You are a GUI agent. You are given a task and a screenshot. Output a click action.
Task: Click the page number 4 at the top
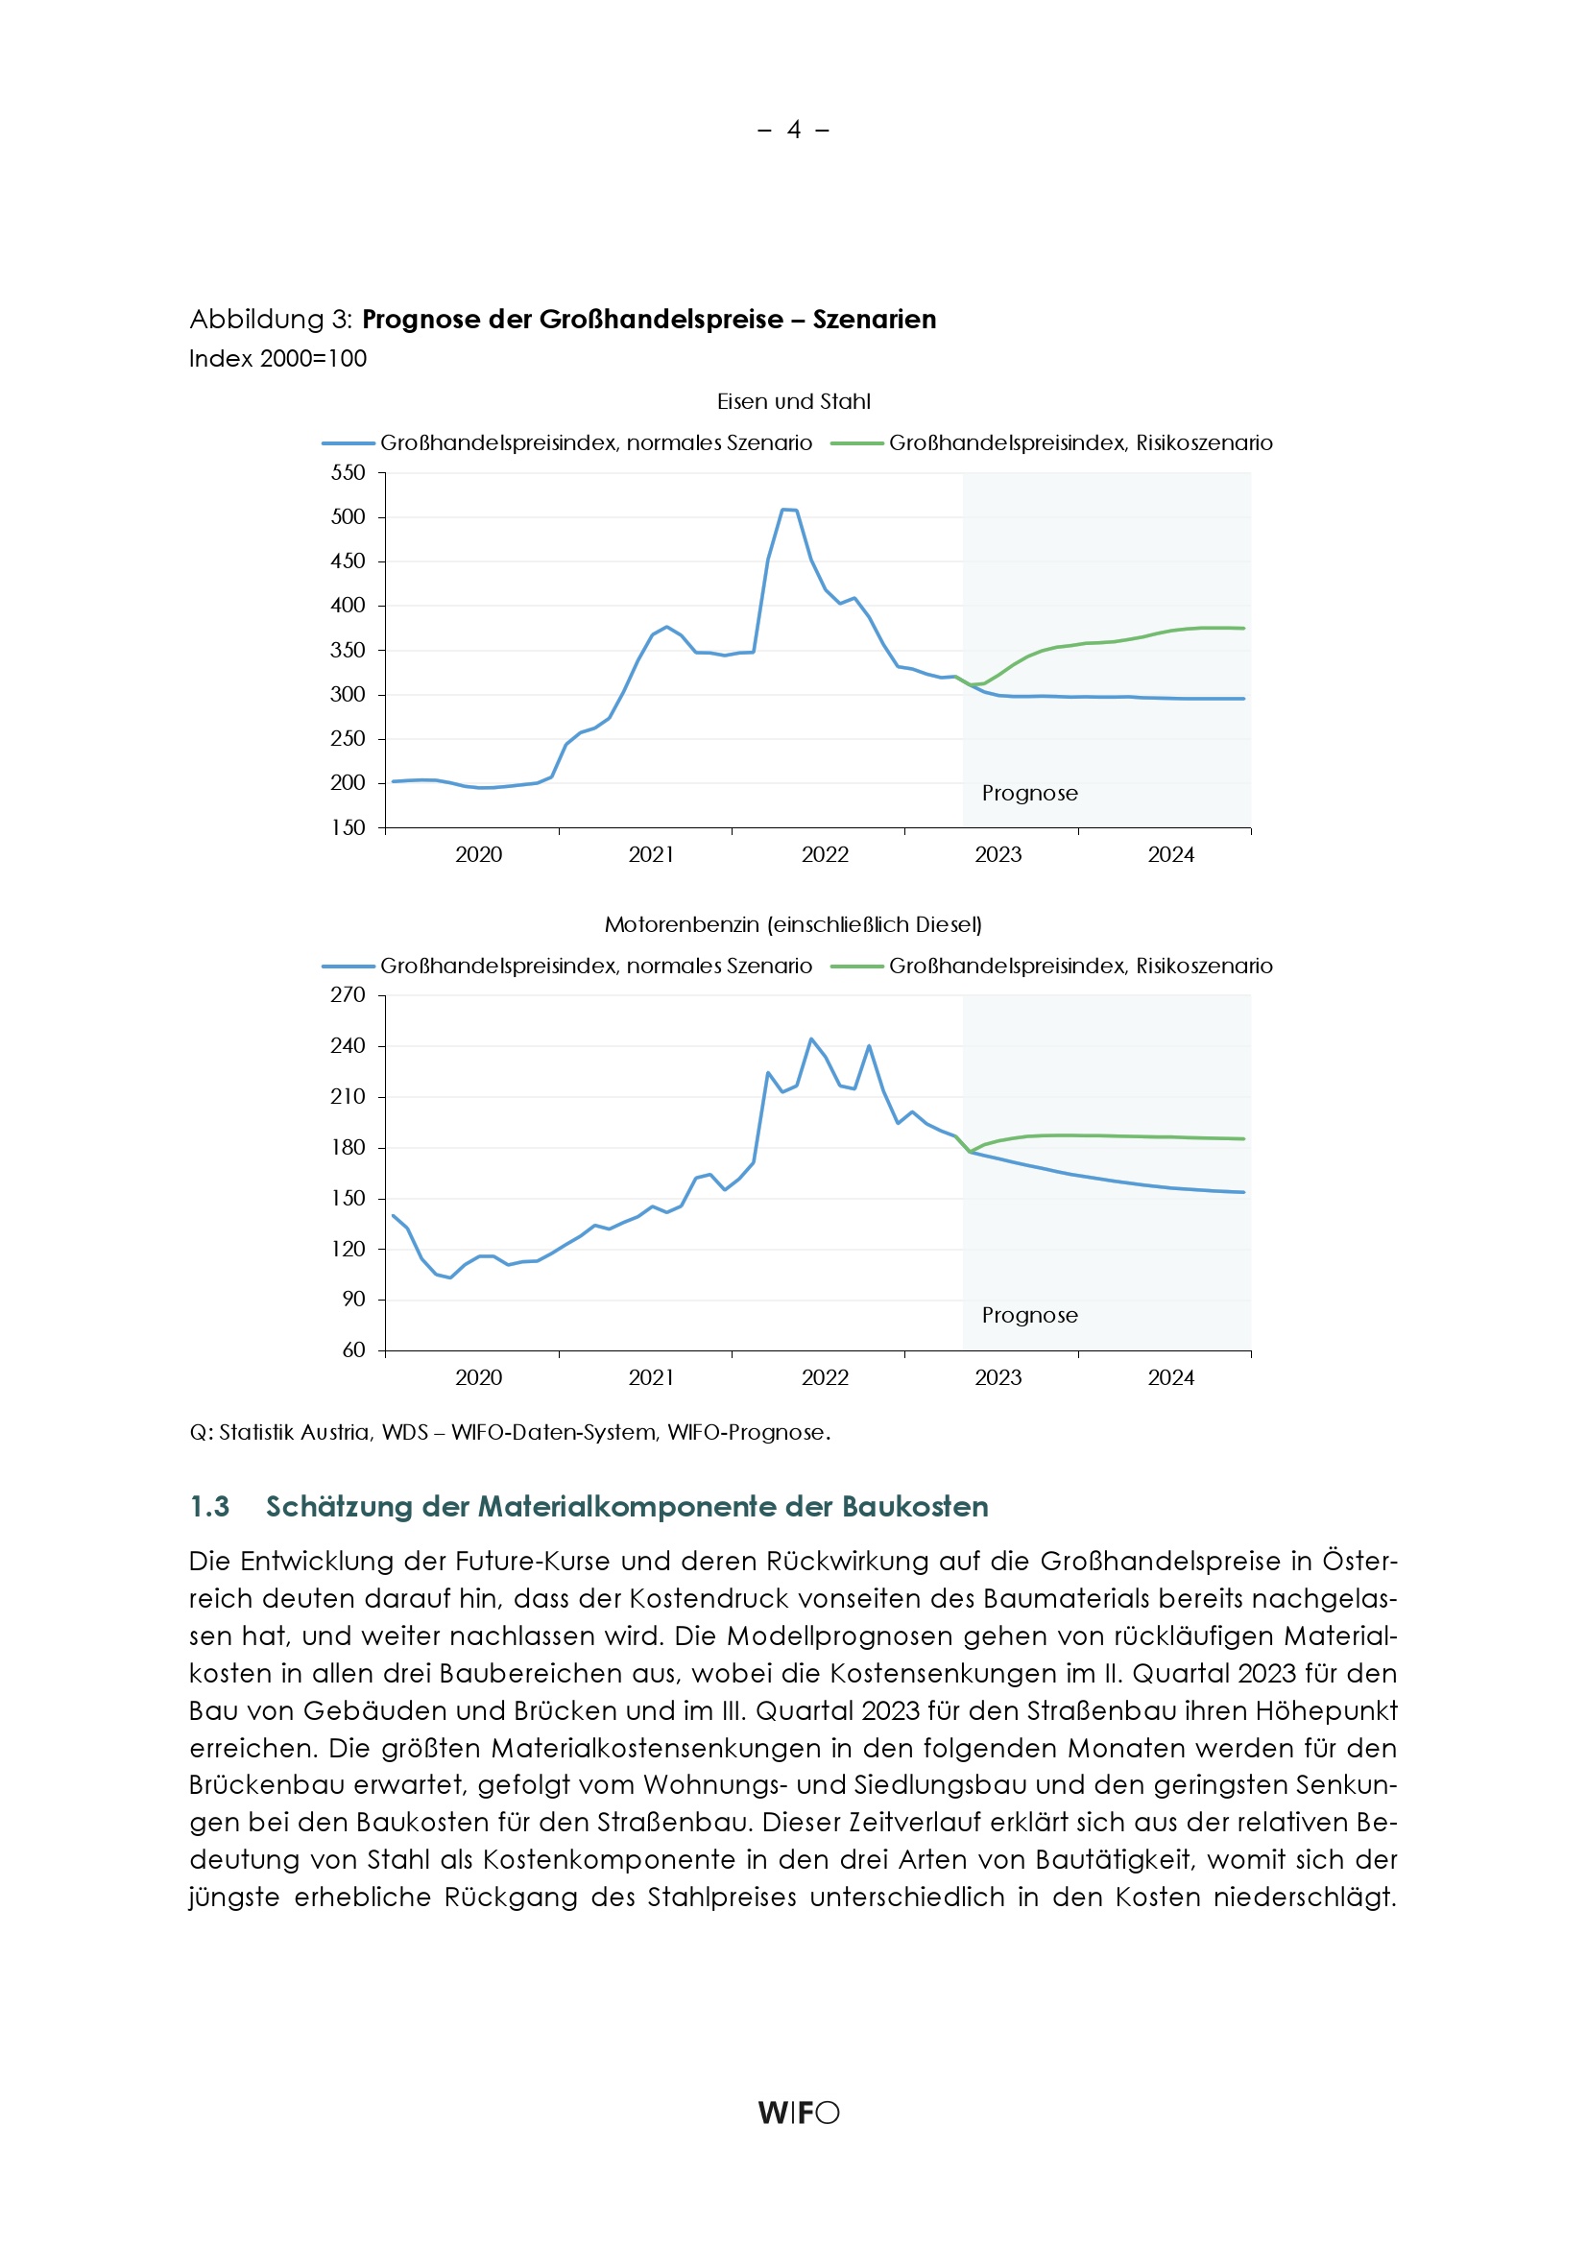[x=794, y=130]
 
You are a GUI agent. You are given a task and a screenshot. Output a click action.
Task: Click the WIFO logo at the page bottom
[x=798, y=2113]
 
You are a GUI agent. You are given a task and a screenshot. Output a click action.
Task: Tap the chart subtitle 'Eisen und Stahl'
[x=793, y=402]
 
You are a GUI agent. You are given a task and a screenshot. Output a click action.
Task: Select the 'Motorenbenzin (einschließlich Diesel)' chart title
[x=793, y=924]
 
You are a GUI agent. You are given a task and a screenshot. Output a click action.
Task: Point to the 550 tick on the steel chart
[x=349, y=473]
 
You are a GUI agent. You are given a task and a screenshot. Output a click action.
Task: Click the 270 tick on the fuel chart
[x=349, y=995]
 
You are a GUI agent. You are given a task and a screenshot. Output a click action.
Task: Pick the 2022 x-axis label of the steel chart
[x=825, y=855]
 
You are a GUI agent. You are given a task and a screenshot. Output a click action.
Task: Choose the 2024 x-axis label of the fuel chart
[x=1170, y=1378]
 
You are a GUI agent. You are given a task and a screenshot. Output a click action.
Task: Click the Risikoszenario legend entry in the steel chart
[x=1079, y=443]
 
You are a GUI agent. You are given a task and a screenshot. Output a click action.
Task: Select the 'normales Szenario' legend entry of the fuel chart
[x=595, y=967]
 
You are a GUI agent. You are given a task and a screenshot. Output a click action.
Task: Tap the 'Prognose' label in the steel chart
[x=1029, y=794]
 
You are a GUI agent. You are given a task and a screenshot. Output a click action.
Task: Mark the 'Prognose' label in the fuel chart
[x=1029, y=1316]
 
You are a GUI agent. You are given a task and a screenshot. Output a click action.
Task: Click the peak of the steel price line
[x=788, y=510]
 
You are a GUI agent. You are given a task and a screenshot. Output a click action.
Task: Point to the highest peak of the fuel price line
[x=810, y=1038]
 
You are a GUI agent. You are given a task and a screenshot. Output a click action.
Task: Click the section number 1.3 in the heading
[x=209, y=1506]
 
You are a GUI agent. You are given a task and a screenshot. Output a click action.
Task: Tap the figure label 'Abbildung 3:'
[x=271, y=320]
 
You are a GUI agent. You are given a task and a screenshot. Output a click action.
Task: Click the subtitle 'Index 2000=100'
[x=277, y=359]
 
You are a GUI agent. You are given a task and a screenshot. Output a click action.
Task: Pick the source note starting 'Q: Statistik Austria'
[x=510, y=1433]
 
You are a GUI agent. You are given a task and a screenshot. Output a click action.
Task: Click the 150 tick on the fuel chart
[x=349, y=1198]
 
